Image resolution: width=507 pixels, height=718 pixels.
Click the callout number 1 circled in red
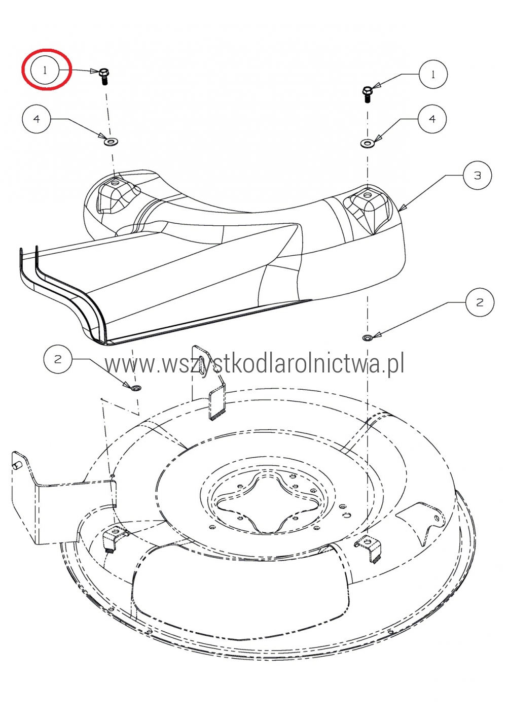[x=45, y=70]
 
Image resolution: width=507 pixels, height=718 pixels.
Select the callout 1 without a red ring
[x=433, y=75]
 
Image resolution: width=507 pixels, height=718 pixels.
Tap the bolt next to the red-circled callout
[x=103, y=76]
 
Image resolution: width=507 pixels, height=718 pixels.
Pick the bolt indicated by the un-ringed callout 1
[x=368, y=94]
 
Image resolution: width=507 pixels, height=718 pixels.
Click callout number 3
[x=477, y=176]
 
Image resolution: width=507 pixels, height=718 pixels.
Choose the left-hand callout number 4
[x=37, y=119]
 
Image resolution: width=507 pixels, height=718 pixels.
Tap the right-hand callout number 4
[x=432, y=119]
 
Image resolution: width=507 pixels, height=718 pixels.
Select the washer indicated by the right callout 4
[x=367, y=143]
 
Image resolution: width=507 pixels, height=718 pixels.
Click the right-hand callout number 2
[x=480, y=302]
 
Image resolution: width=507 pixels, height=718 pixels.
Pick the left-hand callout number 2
[x=58, y=359]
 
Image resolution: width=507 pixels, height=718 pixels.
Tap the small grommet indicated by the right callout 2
[x=367, y=337]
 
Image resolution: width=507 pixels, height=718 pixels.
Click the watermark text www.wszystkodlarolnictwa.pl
[x=255, y=363]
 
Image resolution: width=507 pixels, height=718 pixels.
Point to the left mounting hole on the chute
[x=115, y=184]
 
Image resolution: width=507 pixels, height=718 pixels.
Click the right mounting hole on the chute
[x=368, y=194]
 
